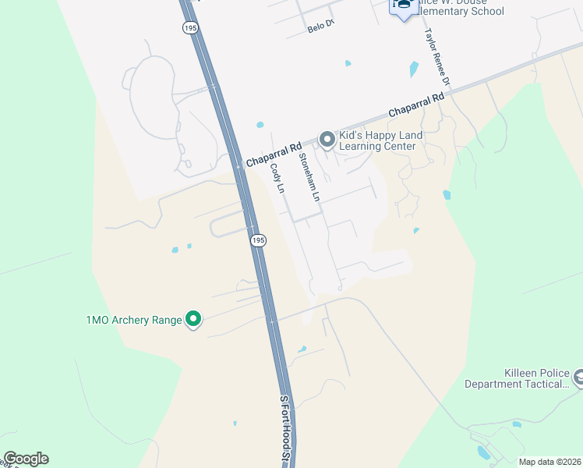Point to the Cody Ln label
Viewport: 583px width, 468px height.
[276, 179]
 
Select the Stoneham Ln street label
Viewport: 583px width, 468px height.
[309, 178]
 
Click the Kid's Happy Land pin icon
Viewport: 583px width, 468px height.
[327, 140]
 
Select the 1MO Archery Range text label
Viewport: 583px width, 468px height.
[134, 320]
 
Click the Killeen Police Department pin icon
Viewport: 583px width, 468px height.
[579, 378]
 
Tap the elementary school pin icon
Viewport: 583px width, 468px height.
[404, 7]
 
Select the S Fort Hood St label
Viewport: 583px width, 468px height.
[285, 430]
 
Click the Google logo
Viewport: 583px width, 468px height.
[26, 458]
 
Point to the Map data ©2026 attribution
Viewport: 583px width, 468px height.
[549, 462]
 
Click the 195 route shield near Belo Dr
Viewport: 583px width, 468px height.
[190, 27]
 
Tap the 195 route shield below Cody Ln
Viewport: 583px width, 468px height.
[259, 241]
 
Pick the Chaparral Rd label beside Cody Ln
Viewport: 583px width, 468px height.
[274, 153]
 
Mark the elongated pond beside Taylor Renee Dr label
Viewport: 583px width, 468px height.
[414, 69]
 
